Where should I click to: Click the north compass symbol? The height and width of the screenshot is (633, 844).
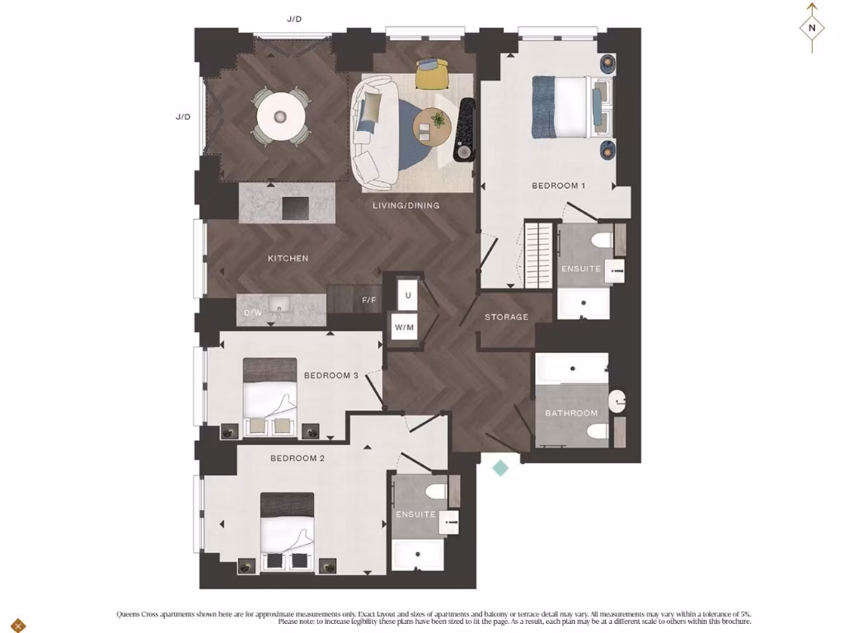point(812,27)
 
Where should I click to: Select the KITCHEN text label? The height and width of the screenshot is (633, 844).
point(288,258)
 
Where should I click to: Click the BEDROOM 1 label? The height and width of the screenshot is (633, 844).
point(558,185)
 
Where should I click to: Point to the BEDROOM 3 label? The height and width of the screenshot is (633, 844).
point(331,376)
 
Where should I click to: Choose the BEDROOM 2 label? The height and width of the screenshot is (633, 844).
point(298,458)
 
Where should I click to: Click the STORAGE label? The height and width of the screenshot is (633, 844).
point(506,317)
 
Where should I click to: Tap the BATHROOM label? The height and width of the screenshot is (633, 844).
point(571,413)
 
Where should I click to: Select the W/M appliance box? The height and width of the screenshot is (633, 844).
point(404,327)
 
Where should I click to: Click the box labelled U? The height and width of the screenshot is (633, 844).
point(407,294)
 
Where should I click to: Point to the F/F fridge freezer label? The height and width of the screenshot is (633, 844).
point(369,300)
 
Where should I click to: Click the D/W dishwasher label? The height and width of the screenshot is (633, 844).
point(252,314)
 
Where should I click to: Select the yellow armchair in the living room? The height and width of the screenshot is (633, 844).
point(431,74)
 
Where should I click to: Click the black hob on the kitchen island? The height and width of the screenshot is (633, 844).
point(296,209)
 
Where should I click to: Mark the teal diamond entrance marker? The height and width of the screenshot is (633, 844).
point(500,468)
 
